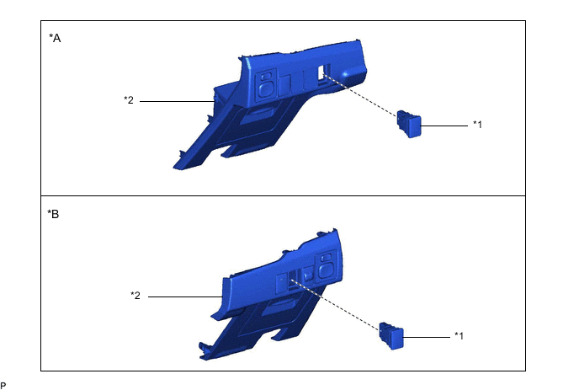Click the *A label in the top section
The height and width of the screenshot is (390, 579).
coord(56,38)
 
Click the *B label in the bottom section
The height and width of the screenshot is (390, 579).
coord(54,214)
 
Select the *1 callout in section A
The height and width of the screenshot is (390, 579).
coord(478,125)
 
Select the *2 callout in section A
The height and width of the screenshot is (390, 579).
coord(129,100)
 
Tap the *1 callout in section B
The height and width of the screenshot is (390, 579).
coord(459,336)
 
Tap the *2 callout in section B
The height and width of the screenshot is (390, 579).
coord(135,296)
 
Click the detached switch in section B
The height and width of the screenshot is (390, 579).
coord(391,336)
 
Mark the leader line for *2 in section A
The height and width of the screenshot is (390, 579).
coord(177,101)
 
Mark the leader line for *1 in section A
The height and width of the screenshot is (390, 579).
coord(444,126)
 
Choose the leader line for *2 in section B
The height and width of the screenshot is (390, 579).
coord(185,297)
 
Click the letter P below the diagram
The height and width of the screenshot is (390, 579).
coord(3,384)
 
